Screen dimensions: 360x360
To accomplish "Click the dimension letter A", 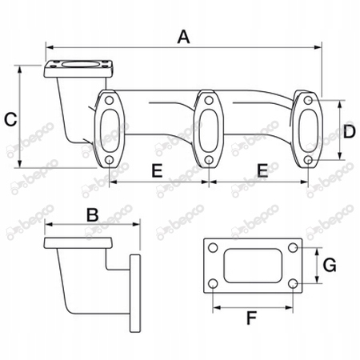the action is (x=184, y=37).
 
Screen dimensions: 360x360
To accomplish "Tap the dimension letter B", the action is (x=93, y=215).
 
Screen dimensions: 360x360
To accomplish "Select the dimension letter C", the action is (x=10, y=119).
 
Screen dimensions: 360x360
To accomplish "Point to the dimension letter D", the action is (x=349, y=132).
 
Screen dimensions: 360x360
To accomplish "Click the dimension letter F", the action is (x=251, y=318).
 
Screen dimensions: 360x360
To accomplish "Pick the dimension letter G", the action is (x=330, y=266).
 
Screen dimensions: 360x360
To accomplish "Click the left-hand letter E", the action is (x=157, y=170).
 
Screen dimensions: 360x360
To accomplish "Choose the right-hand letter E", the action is (x=262, y=170).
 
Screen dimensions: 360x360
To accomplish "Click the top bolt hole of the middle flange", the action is (x=209, y=101).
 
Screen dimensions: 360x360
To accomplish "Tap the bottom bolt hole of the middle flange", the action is (x=209, y=160).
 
